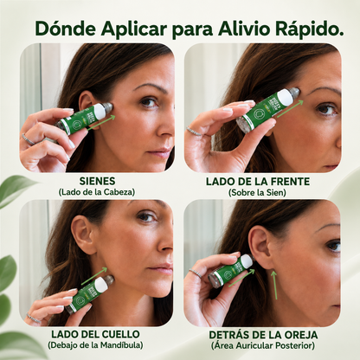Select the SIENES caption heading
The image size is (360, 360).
point(97,181)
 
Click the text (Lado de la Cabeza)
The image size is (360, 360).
point(97,192)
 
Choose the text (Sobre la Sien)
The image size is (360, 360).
point(257,192)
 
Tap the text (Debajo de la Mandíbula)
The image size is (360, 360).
point(95,345)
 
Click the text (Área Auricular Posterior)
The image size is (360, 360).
point(263,345)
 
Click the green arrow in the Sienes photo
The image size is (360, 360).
point(101,123)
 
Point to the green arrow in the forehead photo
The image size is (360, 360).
point(290,108)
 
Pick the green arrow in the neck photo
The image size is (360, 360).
point(93,276)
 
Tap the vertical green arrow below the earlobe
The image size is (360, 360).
point(273,285)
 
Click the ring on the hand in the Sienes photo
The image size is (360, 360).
point(29,139)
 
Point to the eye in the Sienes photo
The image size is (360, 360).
point(148,102)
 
